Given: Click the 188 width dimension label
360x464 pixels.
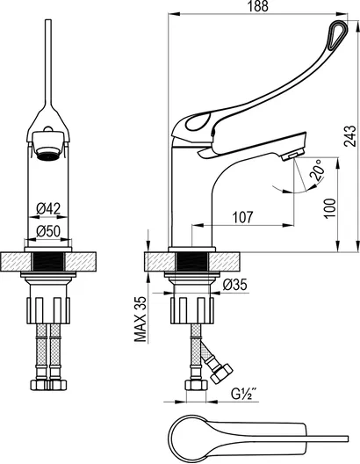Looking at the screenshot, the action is (258, 6).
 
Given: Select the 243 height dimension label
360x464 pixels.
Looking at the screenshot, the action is (350, 136).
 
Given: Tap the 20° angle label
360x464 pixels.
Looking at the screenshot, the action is (317, 170).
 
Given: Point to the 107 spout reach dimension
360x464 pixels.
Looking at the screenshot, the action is (242, 217).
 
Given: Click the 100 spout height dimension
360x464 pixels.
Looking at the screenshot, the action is (330, 208).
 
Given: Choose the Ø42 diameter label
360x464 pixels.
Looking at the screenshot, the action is (48, 208).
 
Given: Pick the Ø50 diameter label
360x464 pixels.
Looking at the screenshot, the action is (48, 231).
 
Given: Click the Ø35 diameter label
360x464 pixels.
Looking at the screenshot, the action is (234, 285).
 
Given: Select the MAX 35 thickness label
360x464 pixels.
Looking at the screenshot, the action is (140, 319).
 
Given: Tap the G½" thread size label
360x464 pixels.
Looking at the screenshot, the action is (243, 394).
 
